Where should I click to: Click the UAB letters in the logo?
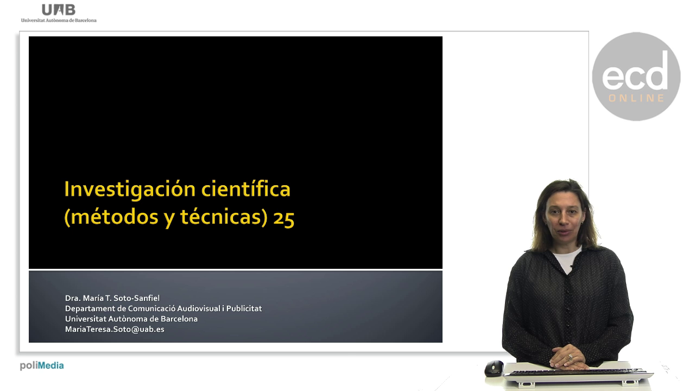tap(59, 10)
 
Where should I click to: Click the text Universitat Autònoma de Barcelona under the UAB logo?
tap(59, 21)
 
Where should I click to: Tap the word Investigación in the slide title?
tap(130, 190)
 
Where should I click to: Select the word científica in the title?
tap(246, 188)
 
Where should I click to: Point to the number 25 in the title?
tap(283, 218)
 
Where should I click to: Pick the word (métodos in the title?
tap(111, 217)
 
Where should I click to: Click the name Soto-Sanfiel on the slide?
tap(136, 298)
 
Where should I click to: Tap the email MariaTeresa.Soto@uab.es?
tap(115, 329)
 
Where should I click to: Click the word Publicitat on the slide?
tap(244, 308)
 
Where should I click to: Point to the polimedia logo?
tap(42, 365)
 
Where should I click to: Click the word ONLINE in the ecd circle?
tap(636, 98)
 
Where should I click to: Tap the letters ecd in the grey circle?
tap(635, 72)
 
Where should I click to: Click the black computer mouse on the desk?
tap(494, 368)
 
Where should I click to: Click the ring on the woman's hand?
tap(570, 357)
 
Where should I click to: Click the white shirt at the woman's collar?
tap(567, 260)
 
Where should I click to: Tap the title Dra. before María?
tap(73, 298)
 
